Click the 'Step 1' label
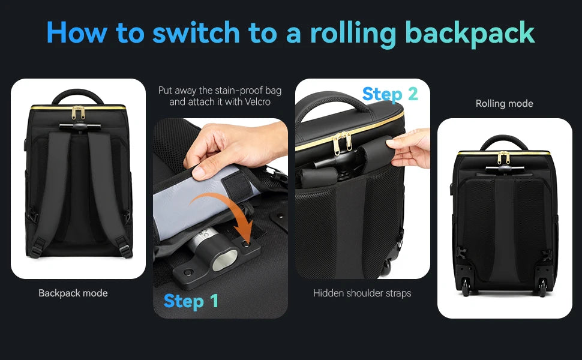click(191, 301)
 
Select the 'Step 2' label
click(390, 94)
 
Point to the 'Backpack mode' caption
click(73, 293)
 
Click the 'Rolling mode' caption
click(504, 104)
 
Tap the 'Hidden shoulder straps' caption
click(362, 293)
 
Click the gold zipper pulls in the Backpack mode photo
click(78, 113)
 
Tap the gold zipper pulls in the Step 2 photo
click(339, 142)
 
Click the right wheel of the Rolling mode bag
click(542, 291)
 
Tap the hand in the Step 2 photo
click(410, 147)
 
